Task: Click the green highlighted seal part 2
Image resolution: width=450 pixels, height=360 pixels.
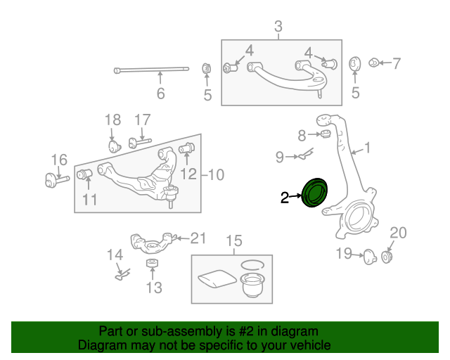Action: point(314,193)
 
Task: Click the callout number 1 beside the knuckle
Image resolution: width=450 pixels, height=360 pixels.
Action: point(366,148)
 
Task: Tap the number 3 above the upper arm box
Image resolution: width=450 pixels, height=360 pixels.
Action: point(278,27)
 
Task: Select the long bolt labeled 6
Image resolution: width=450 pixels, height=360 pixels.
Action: point(151,70)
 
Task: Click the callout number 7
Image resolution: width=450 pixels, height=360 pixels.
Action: point(396,64)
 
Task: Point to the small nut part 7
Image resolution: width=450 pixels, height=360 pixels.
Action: point(375,63)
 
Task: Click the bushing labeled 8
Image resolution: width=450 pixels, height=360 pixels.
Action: point(326,134)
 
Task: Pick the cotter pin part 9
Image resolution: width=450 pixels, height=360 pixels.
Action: point(304,155)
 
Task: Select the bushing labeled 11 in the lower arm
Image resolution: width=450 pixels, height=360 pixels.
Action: point(86,174)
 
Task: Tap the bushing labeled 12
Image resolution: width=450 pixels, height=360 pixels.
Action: point(188,149)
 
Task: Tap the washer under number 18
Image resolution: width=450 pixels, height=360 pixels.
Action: point(114,146)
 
